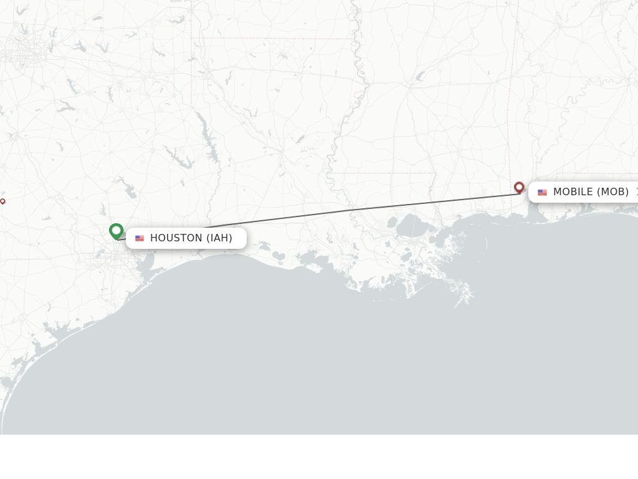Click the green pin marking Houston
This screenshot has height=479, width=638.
[116, 231]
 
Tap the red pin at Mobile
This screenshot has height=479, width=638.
[519, 186]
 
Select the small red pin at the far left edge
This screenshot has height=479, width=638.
[2, 201]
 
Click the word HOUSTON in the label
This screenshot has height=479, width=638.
[176, 238]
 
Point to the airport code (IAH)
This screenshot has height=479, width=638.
[219, 238]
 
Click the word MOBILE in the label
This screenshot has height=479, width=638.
[573, 191]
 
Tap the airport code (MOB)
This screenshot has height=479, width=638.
[613, 191]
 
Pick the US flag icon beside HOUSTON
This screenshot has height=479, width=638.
[140, 238]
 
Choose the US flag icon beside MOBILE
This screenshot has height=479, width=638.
[542, 192]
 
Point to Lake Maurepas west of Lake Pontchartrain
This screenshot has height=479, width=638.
[392, 222]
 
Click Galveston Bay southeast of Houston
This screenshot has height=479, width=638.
[148, 261]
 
